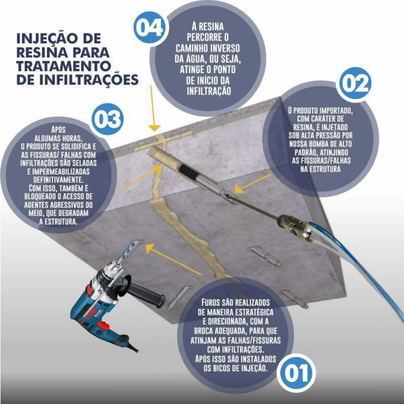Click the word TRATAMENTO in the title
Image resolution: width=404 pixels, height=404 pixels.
coord(64,65)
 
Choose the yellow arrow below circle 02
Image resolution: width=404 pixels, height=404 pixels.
coord(250,183)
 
